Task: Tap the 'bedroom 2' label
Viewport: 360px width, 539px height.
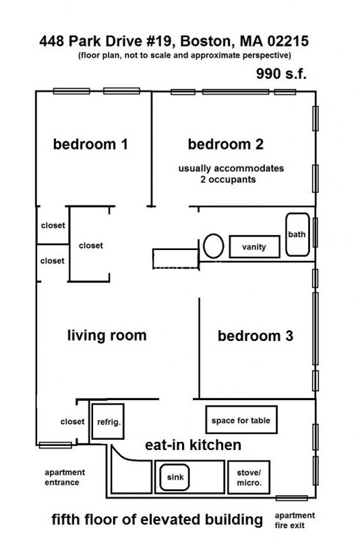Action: coord(225,144)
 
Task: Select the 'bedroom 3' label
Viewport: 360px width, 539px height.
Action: coord(255,336)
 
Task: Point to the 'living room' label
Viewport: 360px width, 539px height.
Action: coord(107,336)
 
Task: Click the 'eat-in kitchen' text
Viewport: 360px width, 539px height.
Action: coord(193,445)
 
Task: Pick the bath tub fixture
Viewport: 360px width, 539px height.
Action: coord(297,234)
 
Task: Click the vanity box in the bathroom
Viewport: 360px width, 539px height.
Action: coord(254,247)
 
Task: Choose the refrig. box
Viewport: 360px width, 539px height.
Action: coord(108,422)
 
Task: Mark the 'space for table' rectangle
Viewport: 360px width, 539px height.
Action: coord(241,420)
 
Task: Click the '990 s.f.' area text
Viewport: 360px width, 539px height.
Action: coord(281,74)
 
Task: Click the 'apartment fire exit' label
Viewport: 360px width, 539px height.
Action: coord(295,520)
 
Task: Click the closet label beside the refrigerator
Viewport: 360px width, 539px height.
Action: coord(72,422)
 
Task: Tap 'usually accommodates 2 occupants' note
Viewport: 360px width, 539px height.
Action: coord(231,174)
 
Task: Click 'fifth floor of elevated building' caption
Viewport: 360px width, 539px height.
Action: coord(157,519)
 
